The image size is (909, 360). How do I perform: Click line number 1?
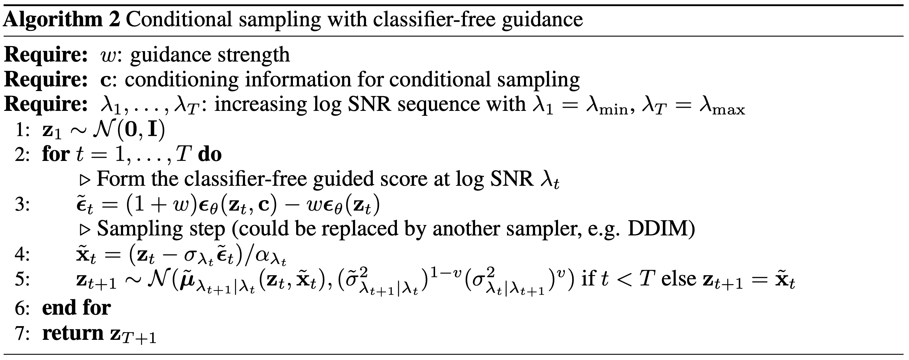click(x=22, y=130)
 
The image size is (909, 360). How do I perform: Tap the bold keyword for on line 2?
click(x=56, y=154)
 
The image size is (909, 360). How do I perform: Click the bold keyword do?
click(x=210, y=154)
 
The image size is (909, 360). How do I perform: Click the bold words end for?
click(x=76, y=307)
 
